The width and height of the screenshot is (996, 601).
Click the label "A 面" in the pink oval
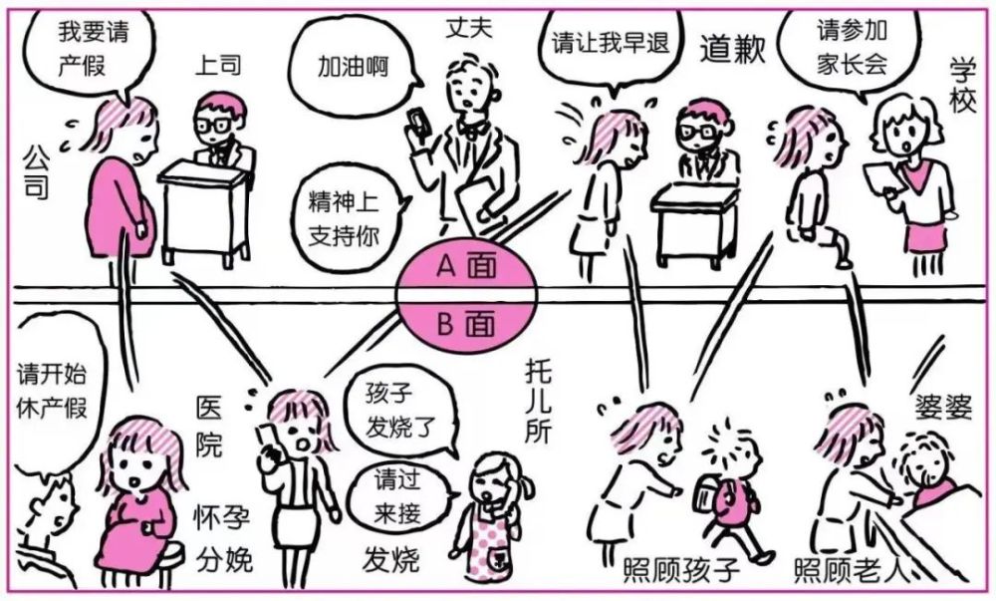point(466,266)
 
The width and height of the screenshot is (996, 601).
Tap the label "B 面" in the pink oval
point(466,324)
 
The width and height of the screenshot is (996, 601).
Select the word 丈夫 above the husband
point(469,27)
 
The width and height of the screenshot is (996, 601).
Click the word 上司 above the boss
point(218,66)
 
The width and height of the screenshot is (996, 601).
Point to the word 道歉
point(732,48)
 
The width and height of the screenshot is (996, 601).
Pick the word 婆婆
point(943,407)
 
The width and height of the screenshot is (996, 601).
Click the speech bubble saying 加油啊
point(354,66)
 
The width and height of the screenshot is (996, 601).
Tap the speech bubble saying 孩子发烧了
point(400,411)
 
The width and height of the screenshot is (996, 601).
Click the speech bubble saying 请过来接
point(399,495)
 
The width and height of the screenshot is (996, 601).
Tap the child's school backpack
point(707,491)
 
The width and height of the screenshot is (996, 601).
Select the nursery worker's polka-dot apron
point(488,542)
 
